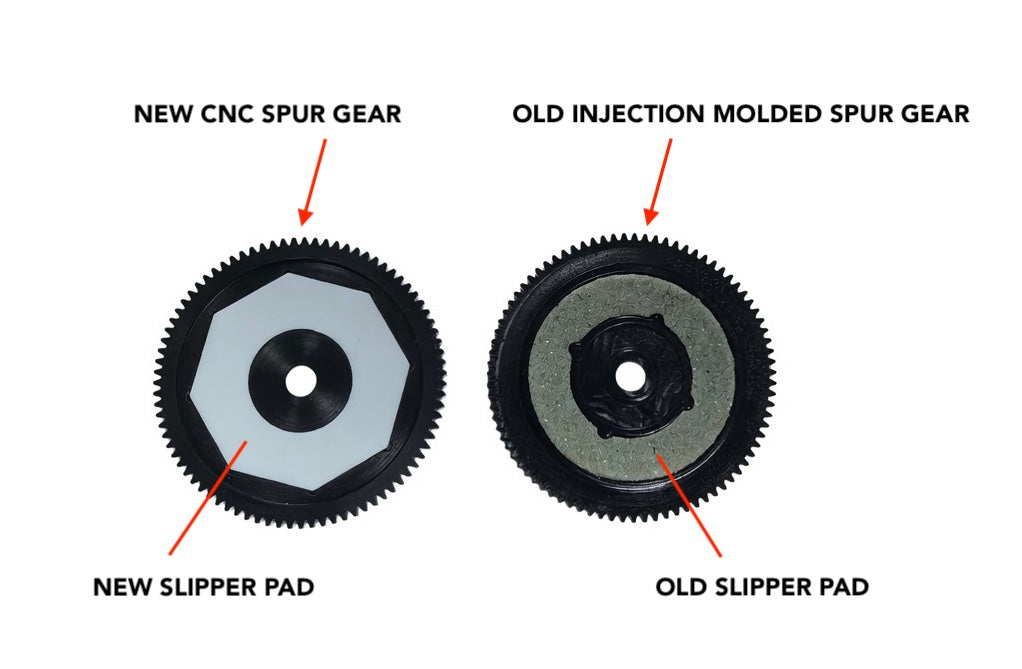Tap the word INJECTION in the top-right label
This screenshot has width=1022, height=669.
(x=639, y=114)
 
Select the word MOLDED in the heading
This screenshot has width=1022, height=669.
(x=768, y=114)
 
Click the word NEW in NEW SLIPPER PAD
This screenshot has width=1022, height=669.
(x=120, y=587)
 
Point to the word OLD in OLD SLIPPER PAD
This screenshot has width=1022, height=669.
(x=680, y=587)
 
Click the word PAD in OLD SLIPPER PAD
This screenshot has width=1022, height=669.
(x=843, y=587)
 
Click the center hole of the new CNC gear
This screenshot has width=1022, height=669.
(x=300, y=379)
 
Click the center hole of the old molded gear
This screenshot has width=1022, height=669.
(x=628, y=376)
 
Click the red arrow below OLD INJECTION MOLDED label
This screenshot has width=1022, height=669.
(x=657, y=182)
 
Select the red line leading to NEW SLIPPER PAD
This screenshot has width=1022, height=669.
(x=208, y=498)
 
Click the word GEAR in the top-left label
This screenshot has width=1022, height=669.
(x=368, y=114)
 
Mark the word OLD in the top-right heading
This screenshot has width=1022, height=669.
(x=538, y=114)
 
